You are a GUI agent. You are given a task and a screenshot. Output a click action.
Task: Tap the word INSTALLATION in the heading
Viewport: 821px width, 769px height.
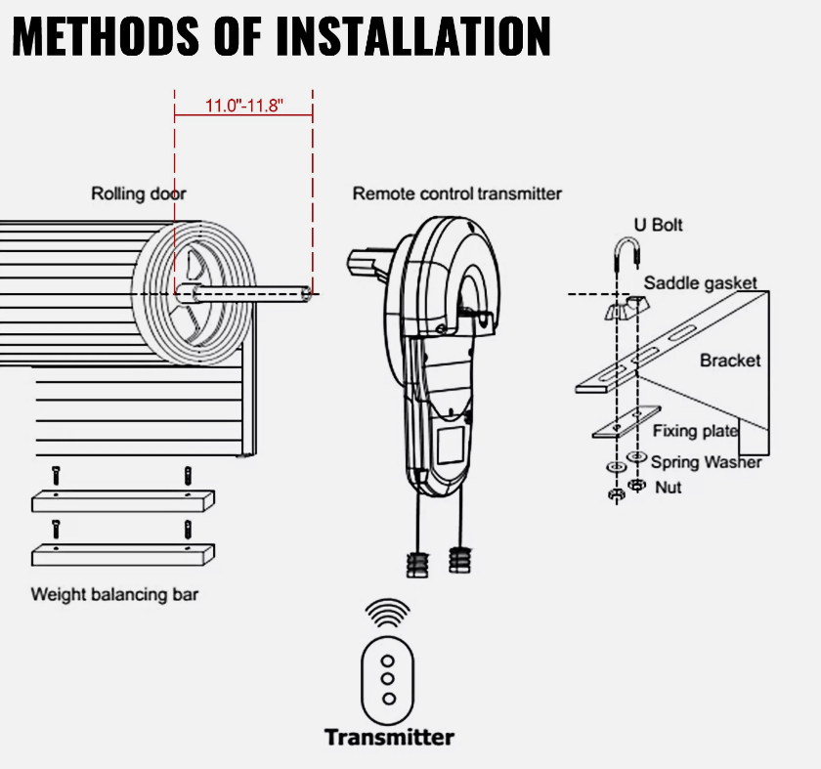[412, 36]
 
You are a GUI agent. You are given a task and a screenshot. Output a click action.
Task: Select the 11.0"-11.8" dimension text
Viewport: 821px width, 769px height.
[243, 106]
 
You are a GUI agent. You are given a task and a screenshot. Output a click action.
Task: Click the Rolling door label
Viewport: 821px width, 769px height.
[139, 193]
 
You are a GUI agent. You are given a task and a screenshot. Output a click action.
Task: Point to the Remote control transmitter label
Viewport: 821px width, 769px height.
[456, 193]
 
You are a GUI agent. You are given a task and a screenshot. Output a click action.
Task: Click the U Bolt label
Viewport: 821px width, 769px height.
[658, 225]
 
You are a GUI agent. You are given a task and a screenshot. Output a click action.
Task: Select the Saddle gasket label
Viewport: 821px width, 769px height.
[700, 283]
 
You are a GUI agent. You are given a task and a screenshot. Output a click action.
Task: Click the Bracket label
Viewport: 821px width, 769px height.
[729, 361]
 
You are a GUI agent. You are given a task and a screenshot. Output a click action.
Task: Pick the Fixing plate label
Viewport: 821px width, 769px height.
[695, 431]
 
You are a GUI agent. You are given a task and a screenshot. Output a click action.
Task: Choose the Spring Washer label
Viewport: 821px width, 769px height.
[706, 461]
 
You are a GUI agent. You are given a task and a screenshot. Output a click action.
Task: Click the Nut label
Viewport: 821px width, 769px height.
[669, 486]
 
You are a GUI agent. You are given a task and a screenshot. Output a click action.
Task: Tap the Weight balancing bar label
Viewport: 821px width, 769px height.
[114, 593]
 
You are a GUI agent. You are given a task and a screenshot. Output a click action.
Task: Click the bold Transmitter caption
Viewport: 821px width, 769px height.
[389, 737]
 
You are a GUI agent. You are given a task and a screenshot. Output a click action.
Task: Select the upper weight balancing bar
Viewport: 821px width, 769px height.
[122, 500]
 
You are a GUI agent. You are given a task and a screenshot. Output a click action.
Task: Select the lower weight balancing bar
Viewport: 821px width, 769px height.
[122, 554]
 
